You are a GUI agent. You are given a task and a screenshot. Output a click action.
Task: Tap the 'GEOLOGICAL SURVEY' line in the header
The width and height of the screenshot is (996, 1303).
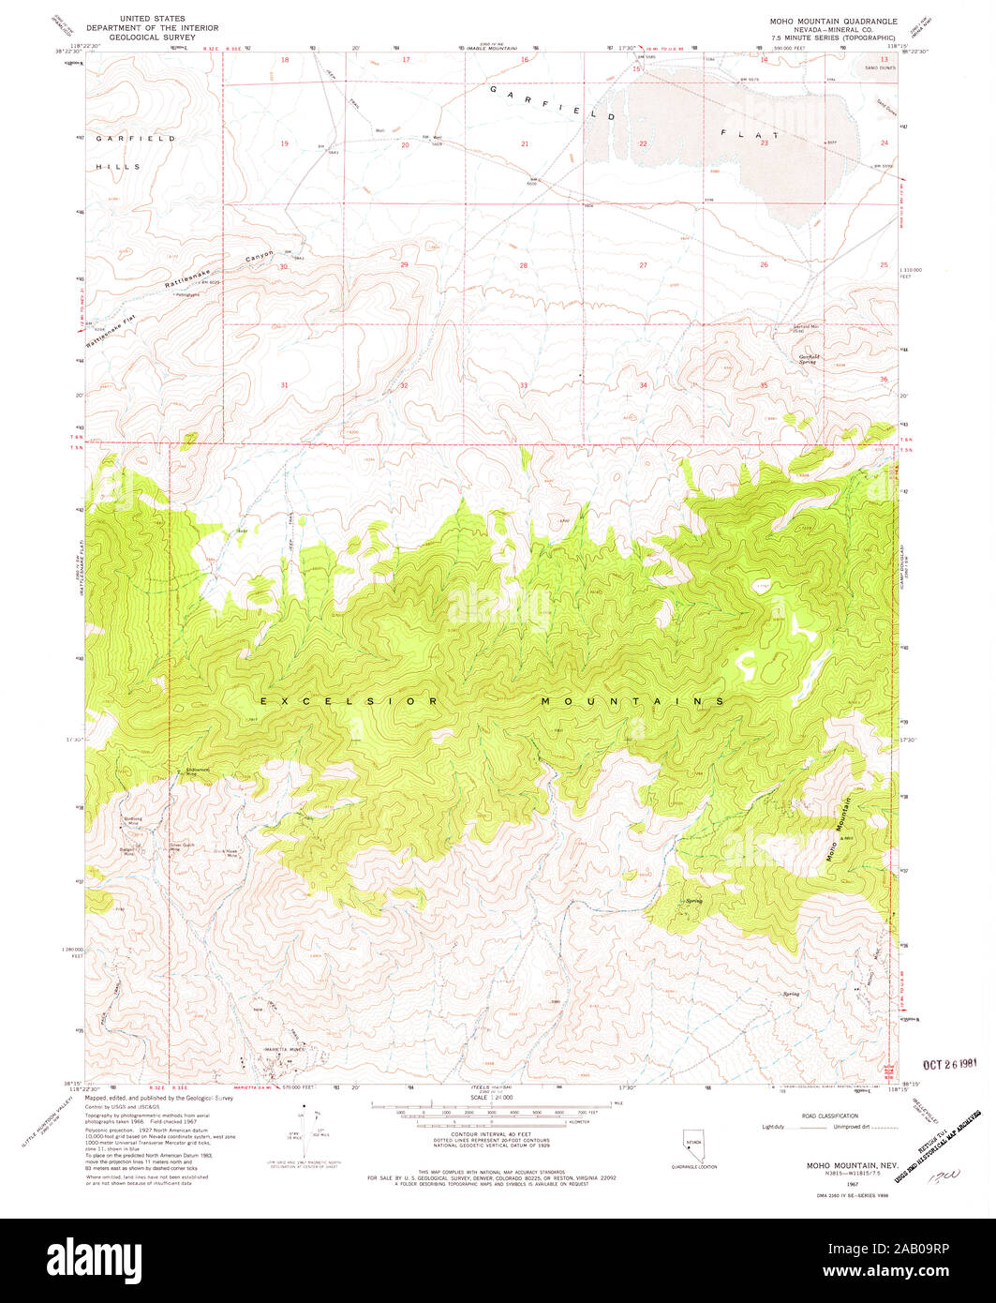145,37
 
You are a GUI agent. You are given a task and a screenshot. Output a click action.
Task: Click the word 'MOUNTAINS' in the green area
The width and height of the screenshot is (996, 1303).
632,701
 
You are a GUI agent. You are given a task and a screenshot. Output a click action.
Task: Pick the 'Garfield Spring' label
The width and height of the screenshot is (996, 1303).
809,358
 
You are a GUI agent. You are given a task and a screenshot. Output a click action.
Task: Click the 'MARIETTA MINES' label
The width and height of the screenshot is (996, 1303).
285,1049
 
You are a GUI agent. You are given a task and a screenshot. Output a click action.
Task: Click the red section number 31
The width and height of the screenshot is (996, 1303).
283,385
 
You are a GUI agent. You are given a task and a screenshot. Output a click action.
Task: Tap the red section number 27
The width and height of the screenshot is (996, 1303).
643,265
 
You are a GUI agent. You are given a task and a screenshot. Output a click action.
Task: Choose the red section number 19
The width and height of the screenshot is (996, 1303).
283,143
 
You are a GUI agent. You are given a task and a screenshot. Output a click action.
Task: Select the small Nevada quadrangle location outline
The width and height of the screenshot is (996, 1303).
693,1145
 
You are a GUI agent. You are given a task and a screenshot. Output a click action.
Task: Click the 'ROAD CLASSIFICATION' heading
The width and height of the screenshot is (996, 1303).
829,1116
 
